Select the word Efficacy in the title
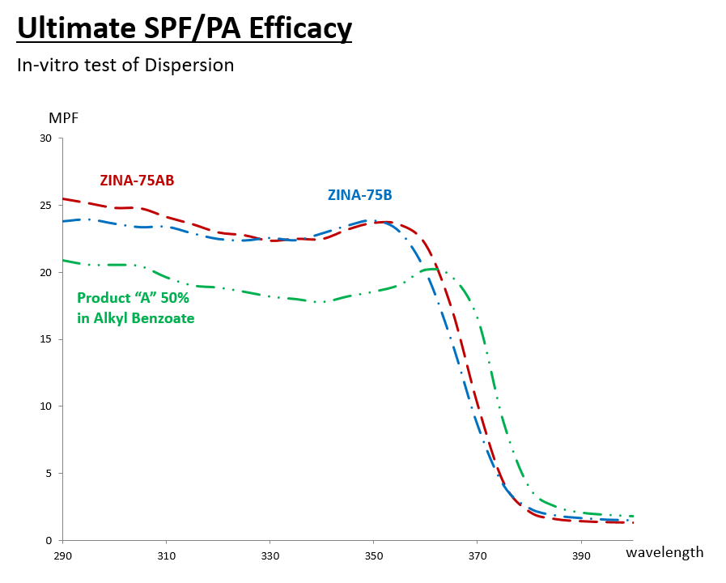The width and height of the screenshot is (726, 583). tap(301, 28)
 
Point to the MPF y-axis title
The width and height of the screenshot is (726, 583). tap(64, 118)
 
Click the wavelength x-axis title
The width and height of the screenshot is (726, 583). tap(664, 552)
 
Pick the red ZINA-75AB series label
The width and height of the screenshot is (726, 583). tap(137, 181)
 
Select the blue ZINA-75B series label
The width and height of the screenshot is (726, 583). tap(359, 195)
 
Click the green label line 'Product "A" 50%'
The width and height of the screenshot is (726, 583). tap(133, 298)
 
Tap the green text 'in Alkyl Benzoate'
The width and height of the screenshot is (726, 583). tap(136, 319)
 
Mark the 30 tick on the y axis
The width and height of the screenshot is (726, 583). tap(45, 138)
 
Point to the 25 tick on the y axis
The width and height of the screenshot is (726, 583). tap(45, 206)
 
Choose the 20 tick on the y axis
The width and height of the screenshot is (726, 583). tap(45, 273)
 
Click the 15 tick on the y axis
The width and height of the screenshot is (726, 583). tap(45, 339)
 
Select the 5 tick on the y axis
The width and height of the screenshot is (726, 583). tap(48, 474)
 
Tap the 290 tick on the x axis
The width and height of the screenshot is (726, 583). tap(63, 557)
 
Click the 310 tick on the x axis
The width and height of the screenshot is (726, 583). tap(167, 557)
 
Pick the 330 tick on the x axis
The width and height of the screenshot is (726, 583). tap(270, 557)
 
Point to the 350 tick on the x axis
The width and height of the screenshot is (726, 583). tap(374, 557)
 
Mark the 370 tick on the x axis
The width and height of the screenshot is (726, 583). tap(478, 557)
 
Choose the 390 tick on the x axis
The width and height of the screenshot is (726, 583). tap(581, 557)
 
